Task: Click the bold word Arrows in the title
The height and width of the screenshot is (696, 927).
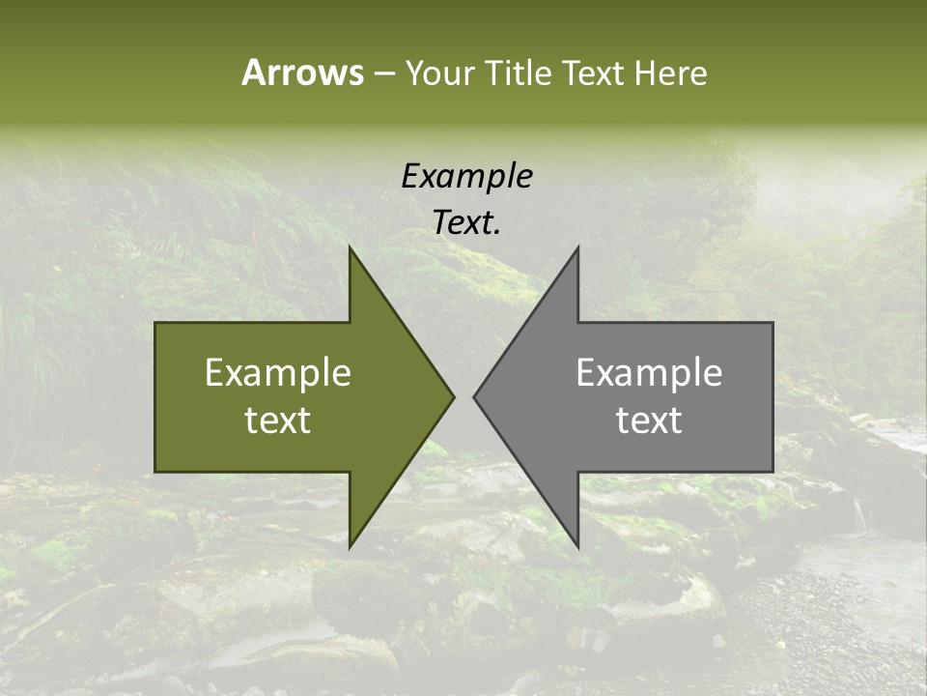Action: (302, 72)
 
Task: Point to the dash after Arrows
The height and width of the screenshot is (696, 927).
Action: (383, 74)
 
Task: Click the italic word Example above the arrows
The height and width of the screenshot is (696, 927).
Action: (466, 176)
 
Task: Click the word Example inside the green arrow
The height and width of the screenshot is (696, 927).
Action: (278, 373)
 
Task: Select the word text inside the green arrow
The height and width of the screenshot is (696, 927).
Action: (278, 420)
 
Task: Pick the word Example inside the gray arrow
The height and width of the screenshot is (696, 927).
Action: (649, 373)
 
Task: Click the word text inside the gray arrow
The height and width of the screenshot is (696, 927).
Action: (649, 420)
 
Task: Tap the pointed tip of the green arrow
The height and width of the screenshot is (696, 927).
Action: (453, 396)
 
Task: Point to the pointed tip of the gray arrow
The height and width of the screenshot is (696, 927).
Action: (474, 396)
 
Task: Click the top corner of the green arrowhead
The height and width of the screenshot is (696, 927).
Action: (350, 247)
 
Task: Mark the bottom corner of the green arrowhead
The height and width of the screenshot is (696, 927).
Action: (350, 546)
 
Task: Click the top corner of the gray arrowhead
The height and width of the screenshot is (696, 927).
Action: (577, 247)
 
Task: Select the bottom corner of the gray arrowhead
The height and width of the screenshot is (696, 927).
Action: (577, 546)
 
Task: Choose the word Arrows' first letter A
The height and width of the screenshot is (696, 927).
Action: (253, 72)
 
